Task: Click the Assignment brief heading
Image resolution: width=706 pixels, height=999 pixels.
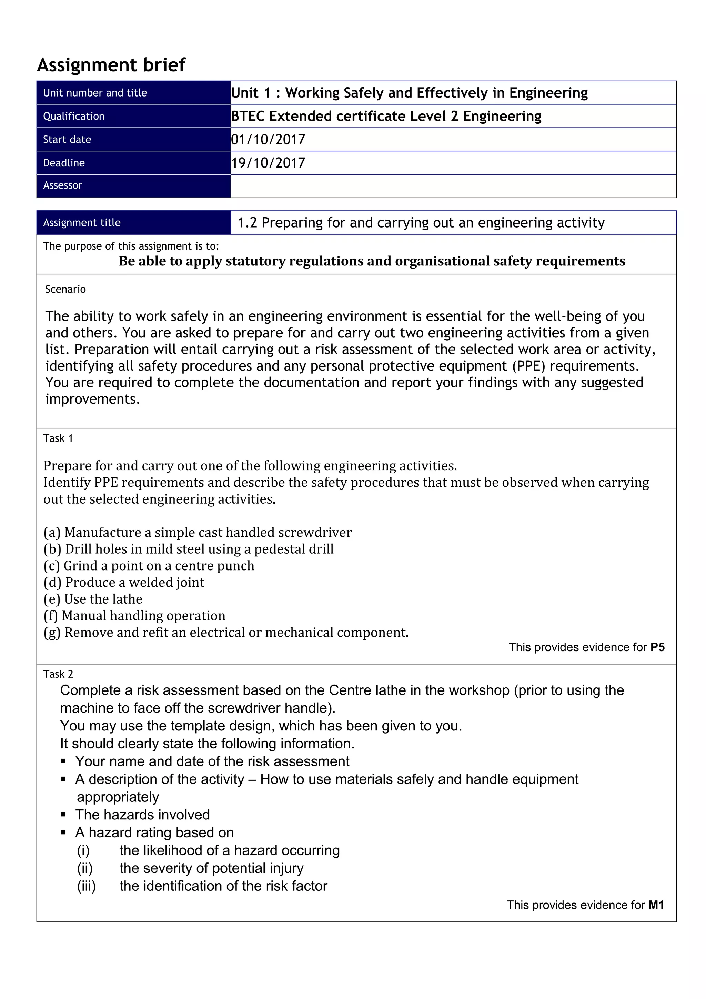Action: click(111, 65)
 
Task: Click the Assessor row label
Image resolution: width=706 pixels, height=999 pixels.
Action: click(63, 185)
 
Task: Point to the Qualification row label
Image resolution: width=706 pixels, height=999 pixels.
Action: click(74, 116)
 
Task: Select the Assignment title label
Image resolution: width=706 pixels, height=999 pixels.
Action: click(82, 223)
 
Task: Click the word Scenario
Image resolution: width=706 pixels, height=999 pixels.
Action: click(66, 289)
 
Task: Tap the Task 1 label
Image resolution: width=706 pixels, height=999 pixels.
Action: click(58, 438)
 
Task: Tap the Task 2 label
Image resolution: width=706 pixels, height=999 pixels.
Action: click(58, 674)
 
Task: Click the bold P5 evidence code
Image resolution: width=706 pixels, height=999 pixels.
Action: click(657, 647)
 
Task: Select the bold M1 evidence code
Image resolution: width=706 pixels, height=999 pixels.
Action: click(656, 905)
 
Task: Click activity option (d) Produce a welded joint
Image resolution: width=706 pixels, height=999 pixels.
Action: click(124, 582)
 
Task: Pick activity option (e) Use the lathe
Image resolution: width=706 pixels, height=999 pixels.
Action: click(93, 599)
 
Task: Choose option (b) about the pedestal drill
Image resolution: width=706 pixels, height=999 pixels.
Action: click(189, 549)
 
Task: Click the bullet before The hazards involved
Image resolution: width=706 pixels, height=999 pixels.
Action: click(63, 815)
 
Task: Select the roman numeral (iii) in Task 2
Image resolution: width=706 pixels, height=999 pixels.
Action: click(86, 886)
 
